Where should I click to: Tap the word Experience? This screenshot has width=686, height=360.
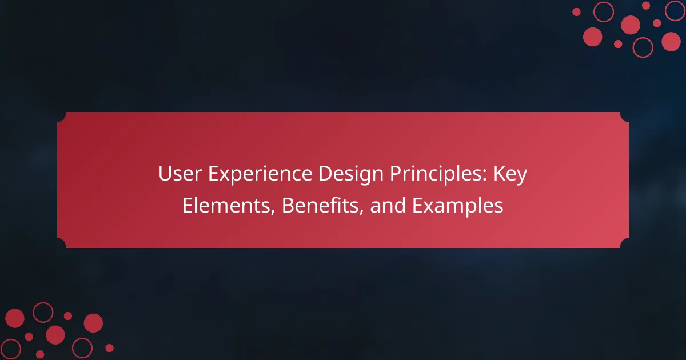[260, 174]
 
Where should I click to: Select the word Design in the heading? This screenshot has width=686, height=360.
[351, 174]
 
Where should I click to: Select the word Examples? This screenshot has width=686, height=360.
[457, 206]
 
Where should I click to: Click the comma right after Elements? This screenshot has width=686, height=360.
[272, 212]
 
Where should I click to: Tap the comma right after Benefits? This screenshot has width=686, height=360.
[361, 212]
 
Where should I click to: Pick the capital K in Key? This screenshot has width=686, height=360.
[499, 174]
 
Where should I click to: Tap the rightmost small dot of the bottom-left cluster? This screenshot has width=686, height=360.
[109, 348]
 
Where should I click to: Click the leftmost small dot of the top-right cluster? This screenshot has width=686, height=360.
[576, 12]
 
